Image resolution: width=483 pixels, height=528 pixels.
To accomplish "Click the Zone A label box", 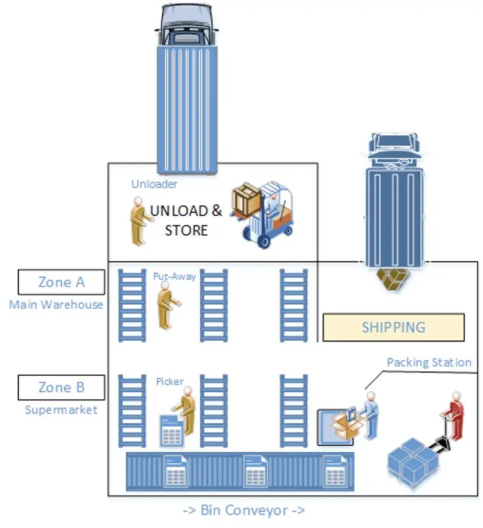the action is click(61, 282).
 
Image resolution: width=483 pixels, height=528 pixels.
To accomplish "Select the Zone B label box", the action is click(61, 387).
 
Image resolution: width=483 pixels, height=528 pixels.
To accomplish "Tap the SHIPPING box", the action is click(393, 328).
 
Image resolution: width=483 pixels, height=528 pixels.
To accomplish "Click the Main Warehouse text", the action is click(56, 304).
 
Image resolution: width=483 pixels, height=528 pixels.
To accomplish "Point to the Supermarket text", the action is click(61, 410).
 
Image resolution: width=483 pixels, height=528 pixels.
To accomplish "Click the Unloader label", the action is click(154, 184).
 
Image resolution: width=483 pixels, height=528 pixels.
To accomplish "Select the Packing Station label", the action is click(429, 362).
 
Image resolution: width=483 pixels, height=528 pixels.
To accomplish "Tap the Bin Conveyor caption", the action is click(244, 510).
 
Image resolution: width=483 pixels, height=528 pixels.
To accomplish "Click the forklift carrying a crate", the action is click(262, 214).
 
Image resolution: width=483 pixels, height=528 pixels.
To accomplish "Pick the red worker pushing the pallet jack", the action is click(454, 416).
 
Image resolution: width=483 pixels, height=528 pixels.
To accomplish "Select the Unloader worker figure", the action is click(140, 220).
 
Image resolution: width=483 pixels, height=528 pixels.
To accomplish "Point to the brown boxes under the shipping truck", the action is click(393, 279).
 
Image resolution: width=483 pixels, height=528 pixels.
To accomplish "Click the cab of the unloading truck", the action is click(187, 24).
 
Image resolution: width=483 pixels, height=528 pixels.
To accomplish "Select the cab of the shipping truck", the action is click(394, 150).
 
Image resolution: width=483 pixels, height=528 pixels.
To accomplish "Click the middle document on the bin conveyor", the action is click(255, 471).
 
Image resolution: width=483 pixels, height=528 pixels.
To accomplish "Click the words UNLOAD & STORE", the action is click(186, 220).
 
